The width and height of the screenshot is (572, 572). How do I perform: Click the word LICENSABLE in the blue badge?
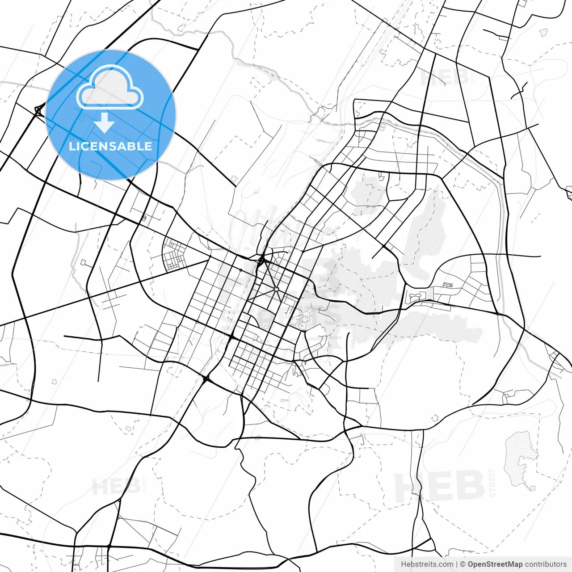tap(110, 146)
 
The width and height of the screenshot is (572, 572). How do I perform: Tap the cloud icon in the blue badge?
tap(110, 88)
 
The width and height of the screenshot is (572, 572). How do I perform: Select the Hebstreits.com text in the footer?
tap(427, 564)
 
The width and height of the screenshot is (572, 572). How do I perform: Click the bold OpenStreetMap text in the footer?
tap(495, 564)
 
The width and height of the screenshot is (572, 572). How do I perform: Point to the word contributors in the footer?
tap(546, 564)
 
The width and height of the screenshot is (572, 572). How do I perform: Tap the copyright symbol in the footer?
tap(463, 564)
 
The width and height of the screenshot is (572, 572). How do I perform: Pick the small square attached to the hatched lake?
tap(532, 488)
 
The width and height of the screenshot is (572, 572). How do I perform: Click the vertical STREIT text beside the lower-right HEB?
tap(492, 483)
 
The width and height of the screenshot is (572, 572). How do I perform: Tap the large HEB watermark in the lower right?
tap(440, 486)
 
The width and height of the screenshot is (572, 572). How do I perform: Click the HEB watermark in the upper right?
tap(445, 77)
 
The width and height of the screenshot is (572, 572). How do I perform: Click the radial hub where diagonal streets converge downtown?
tap(277, 290)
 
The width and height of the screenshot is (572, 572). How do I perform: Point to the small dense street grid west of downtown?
tap(175, 256)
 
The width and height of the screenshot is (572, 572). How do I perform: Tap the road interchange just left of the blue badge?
tap(39, 109)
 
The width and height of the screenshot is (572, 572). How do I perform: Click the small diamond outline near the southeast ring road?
tap(435, 418)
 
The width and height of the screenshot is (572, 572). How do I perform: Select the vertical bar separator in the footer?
tap(456, 564)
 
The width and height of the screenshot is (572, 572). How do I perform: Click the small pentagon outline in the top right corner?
tap(543, 32)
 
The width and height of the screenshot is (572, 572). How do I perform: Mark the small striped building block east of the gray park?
tap(447, 285)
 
